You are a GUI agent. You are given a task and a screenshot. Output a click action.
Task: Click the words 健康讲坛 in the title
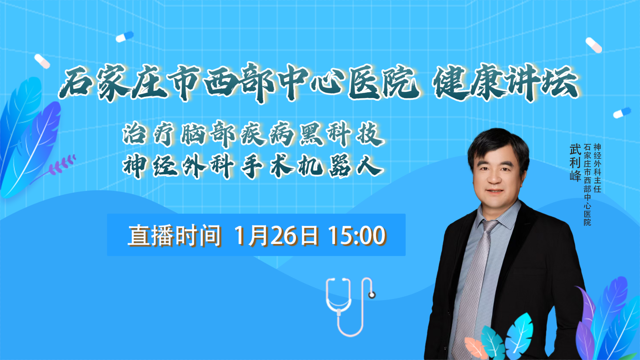point(505,83)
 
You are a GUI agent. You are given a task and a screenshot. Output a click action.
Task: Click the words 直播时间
point(175,235)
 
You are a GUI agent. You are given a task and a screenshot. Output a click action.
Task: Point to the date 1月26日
point(276,235)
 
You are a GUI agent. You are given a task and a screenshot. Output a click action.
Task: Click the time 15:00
point(357,235)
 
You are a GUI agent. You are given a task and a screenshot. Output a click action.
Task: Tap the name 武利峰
point(575,162)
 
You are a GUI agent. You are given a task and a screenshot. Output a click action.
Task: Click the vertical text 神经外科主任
point(597,168)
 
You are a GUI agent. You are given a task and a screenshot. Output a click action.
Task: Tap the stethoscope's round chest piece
point(372,295)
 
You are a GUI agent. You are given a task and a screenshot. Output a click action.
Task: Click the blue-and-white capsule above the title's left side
point(125,36)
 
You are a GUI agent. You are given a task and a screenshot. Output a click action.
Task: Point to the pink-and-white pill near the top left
point(42,61)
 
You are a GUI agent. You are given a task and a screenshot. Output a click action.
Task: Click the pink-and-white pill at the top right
point(594,45)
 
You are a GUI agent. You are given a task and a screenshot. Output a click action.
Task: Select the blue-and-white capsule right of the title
point(622,113)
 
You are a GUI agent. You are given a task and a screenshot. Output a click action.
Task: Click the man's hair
point(498,145)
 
